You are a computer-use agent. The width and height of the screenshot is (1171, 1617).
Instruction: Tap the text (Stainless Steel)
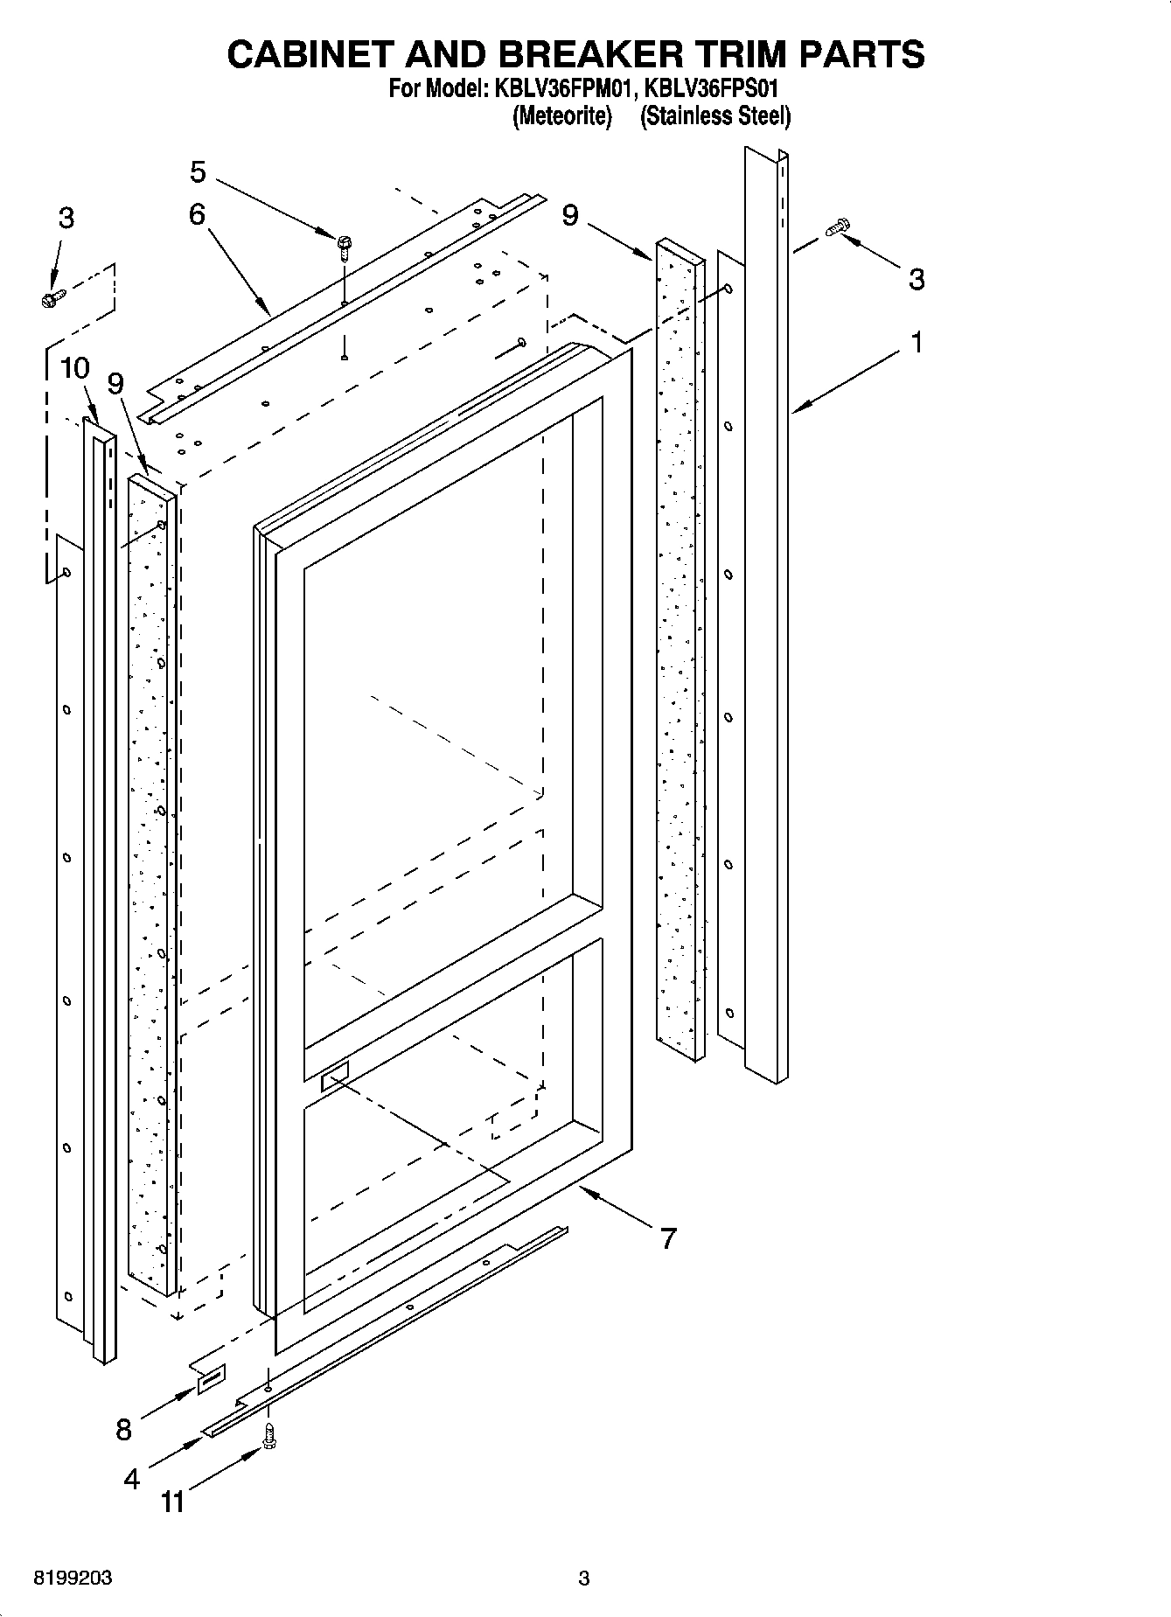click(x=715, y=115)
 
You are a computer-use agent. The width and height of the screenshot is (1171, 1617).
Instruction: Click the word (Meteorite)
click(x=561, y=115)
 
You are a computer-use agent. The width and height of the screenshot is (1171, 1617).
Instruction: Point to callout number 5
click(x=199, y=172)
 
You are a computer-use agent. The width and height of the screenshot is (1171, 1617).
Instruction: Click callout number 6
click(x=197, y=213)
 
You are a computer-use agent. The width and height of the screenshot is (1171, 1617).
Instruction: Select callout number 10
click(x=75, y=368)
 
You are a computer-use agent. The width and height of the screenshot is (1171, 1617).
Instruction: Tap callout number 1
click(x=917, y=343)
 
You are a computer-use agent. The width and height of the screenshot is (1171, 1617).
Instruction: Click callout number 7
click(x=667, y=1237)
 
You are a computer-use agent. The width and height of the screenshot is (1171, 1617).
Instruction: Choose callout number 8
click(x=123, y=1430)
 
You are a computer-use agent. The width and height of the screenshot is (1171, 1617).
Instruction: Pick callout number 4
click(x=131, y=1479)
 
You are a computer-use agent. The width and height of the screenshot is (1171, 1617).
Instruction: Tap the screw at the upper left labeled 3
click(x=51, y=297)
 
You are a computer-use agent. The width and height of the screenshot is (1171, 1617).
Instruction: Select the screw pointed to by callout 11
click(x=268, y=1436)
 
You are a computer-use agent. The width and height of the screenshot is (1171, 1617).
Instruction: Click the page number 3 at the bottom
click(x=584, y=1579)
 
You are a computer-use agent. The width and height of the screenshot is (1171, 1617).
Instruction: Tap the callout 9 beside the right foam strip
click(x=570, y=214)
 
